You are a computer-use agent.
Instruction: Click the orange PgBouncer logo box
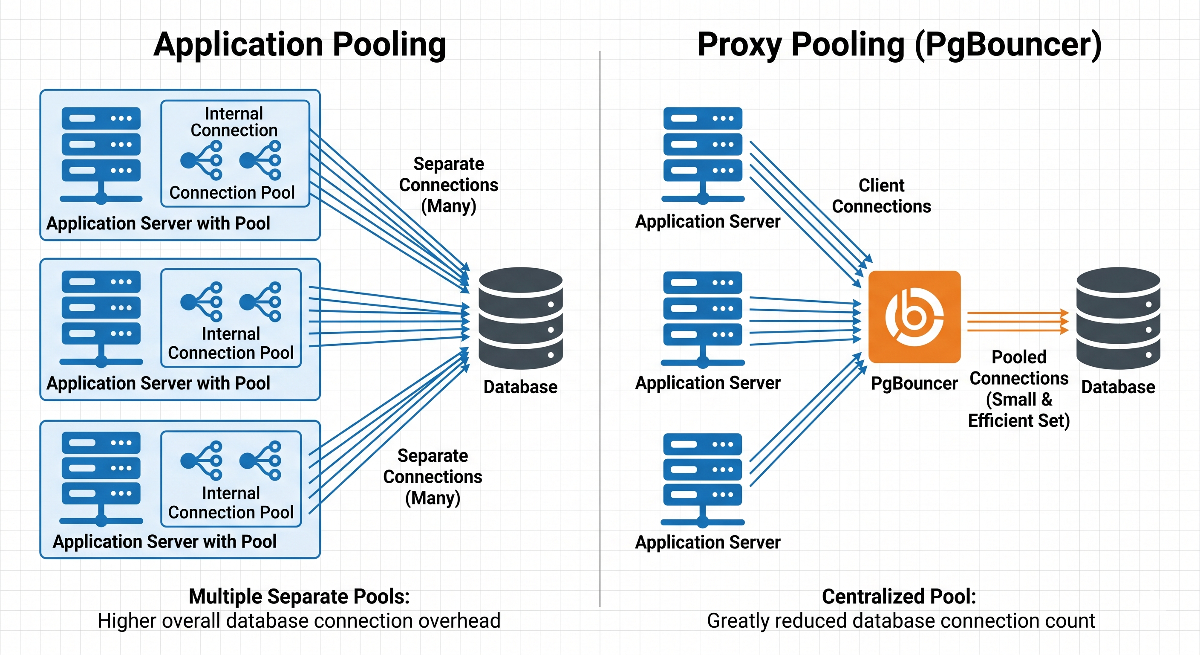click(914, 316)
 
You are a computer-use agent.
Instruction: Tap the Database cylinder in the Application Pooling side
click(520, 318)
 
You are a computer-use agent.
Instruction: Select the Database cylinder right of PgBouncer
click(1118, 318)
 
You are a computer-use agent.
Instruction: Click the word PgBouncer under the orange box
click(914, 383)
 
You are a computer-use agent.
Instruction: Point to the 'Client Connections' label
click(881, 196)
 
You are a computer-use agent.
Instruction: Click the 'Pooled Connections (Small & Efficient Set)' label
click(1019, 389)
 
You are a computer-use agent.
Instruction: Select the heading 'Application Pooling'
click(300, 45)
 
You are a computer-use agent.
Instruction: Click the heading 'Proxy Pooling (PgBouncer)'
click(899, 45)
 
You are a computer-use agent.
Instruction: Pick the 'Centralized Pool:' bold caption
click(899, 596)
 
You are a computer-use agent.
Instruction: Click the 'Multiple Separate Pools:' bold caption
click(299, 596)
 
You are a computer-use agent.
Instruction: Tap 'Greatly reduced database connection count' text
click(900, 621)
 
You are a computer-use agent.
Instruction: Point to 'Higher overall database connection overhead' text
click(299, 621)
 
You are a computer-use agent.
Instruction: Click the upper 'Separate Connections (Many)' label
click(448, 185)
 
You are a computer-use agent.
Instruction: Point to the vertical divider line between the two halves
click(600, 326)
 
